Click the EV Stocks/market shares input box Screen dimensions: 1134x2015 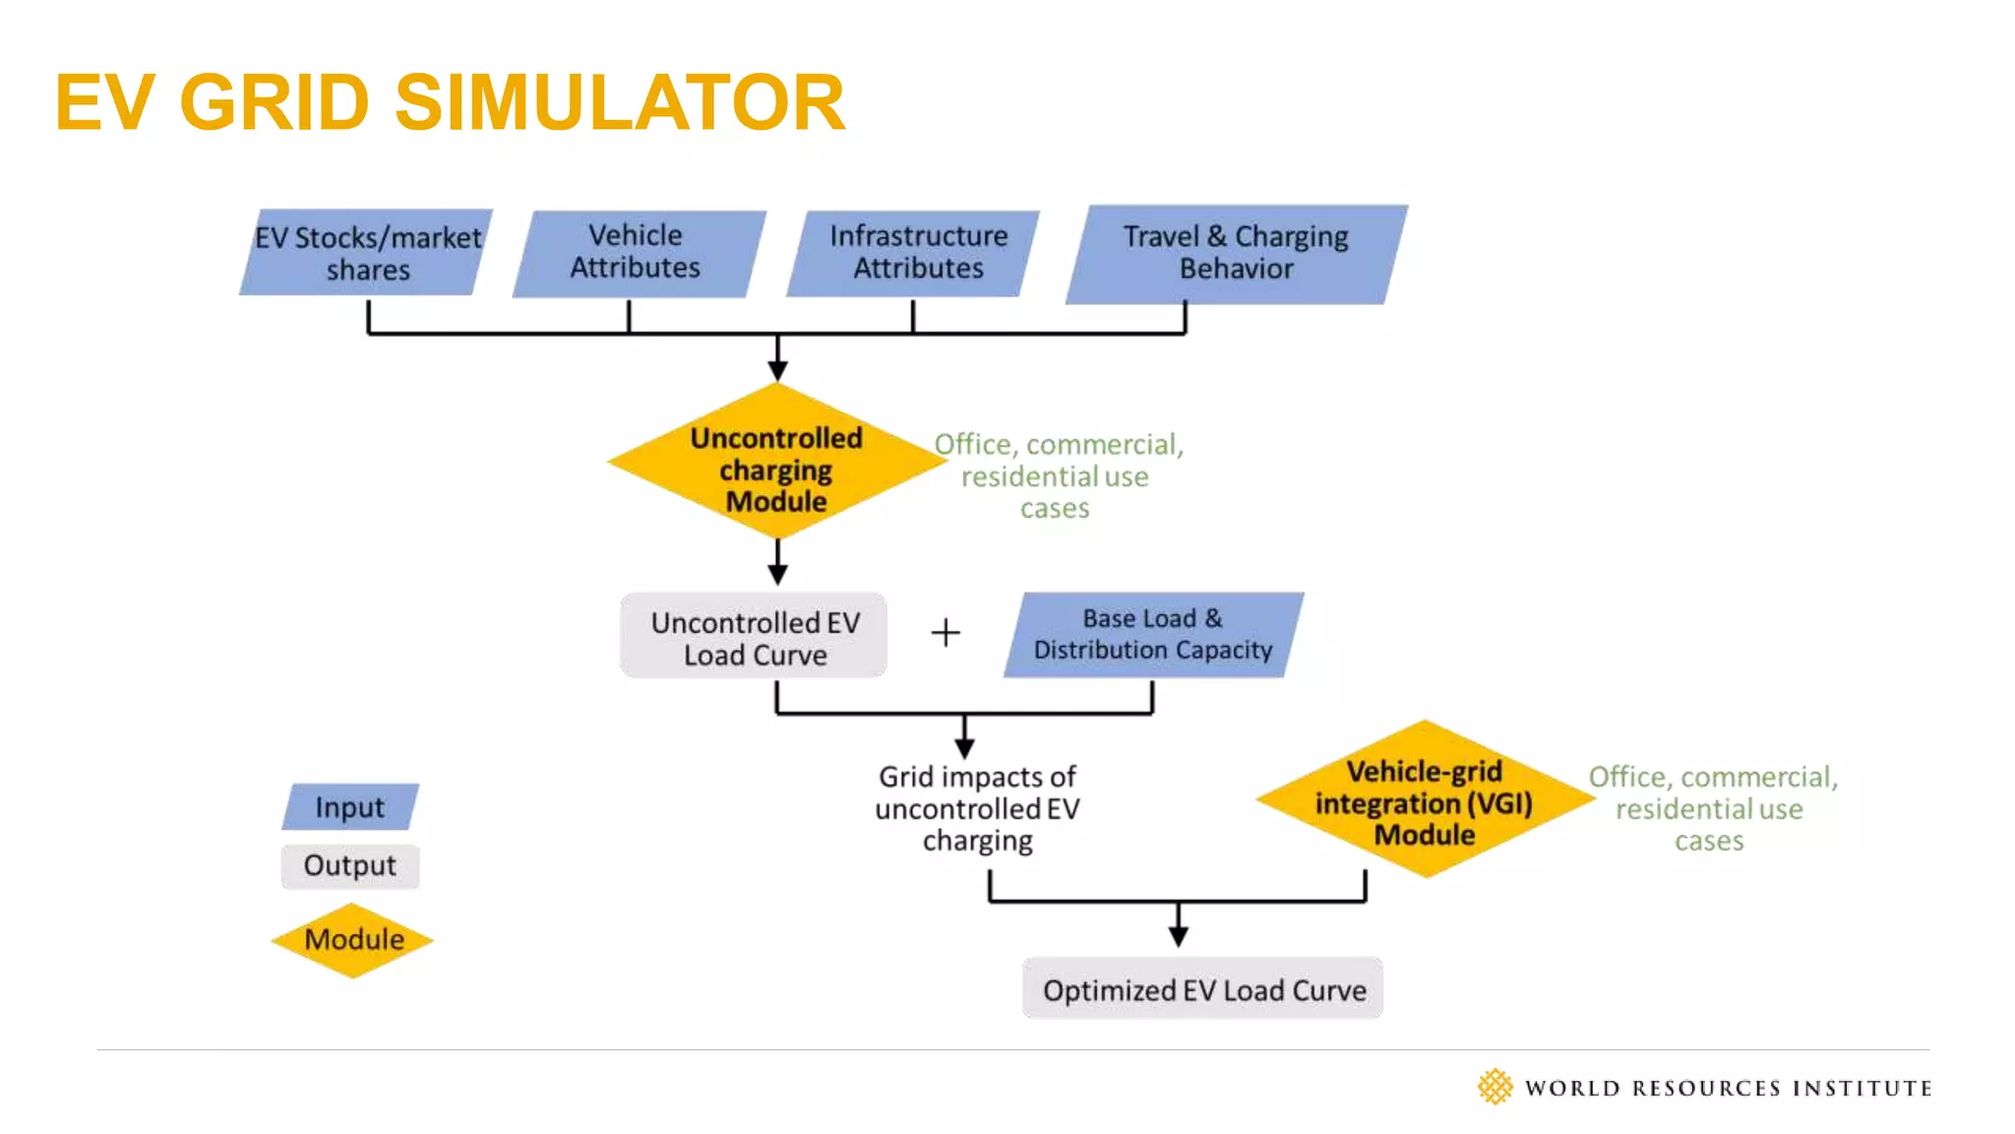(366, 252)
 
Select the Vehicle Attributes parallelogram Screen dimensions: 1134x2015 (638, 252)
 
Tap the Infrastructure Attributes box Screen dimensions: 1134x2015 (915, 252)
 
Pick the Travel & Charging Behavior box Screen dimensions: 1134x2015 (1236, 253)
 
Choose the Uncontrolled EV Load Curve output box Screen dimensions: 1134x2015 (754, 637)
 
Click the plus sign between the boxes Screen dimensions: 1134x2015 (946, 633)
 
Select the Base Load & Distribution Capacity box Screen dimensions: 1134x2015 (1153, 635)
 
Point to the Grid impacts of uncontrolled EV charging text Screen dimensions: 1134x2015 (977, 808)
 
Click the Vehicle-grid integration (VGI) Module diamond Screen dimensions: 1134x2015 (1424, 800)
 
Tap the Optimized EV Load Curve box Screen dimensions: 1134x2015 (1202, 988)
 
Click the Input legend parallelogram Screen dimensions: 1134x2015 (350, 806)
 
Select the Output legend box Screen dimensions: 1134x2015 (350, 865)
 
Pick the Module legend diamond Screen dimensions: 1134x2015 (352, 939)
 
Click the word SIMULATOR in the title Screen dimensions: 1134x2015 (620, 102)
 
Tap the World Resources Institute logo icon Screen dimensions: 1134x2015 (1495, 1087)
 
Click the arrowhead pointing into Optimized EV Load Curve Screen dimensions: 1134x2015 (1178, 937)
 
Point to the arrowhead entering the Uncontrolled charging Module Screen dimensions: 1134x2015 (777, 371)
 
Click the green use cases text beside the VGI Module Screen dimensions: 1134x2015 (1710, 808)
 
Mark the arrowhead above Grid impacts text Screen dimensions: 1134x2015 (964, 749)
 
